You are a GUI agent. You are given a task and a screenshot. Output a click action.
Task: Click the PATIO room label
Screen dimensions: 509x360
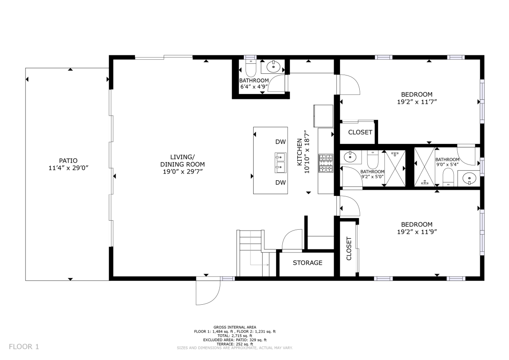click(68, 160)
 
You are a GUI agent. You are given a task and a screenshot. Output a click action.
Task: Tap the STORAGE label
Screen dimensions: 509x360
click(308, 263)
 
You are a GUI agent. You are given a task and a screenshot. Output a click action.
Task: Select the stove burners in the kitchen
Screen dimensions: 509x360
click(326, 163)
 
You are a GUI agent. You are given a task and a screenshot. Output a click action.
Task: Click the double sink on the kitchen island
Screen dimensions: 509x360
click(281, 163)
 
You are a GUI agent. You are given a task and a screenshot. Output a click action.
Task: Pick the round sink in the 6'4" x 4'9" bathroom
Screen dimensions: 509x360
click(273, 67)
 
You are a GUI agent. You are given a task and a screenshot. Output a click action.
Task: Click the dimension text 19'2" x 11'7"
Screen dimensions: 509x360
click(417, 102)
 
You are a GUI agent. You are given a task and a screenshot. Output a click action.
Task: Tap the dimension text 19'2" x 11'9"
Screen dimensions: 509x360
click(417, 232)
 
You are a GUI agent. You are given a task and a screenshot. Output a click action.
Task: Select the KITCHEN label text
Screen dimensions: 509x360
click(299, 152)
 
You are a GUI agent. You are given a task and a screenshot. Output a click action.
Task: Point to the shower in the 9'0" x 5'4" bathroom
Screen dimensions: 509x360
click(424, 167)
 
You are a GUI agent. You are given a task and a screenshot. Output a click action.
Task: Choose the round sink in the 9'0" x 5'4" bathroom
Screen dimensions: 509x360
click(469, 179)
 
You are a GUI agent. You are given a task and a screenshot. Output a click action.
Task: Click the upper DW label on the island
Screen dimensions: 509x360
click(281, 142)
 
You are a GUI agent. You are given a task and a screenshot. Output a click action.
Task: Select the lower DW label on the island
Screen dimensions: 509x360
click(281, 182)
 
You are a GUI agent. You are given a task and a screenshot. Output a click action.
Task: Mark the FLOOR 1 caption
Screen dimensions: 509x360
click(24, 347)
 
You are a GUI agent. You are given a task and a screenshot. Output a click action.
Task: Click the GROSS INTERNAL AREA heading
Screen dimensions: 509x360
click(235, 327)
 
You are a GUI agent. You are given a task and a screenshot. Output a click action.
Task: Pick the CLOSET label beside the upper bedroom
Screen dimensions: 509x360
click(360, 132)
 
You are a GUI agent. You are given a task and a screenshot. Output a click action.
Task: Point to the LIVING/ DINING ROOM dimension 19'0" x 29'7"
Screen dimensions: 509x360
click(183, 172)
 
